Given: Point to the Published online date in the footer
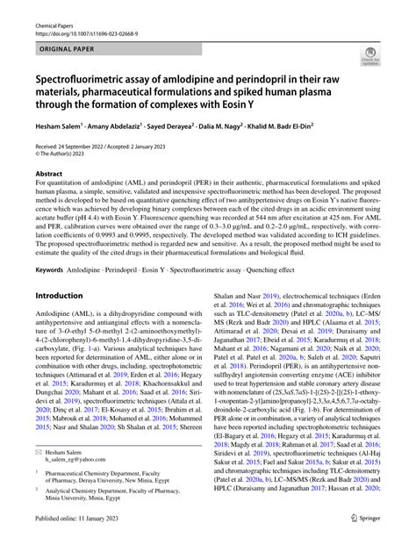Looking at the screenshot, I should (84, 542).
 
